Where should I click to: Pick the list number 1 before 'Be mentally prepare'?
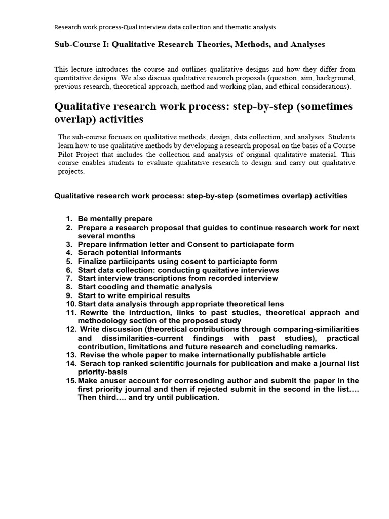tap(69, 219)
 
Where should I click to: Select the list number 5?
tap(69, 262)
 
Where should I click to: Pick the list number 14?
tap(69, 363)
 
